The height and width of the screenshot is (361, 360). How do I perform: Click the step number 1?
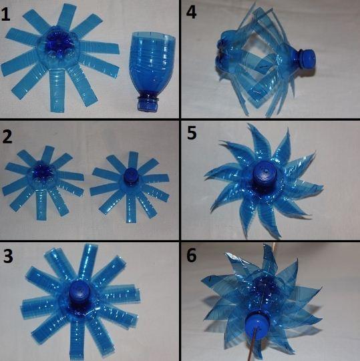pyautogui.click(x=6, y=15)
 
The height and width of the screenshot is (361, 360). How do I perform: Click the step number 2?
pyautogui.click(x=7, y=137)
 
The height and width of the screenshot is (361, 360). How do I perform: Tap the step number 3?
pyautogui.click(x=8, y=256)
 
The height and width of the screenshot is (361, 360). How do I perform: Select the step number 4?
pyautogui.click(x=191, y=12)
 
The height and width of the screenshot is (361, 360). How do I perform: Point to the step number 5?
pyautogui.click(x=192, y=133)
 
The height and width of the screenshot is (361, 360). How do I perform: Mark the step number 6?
pyautogui.click(x=192, y=255)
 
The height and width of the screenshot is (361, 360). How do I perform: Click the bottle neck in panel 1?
pyautogui.click(x=148, y=102)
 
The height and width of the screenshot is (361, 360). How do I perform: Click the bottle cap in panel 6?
pyautogui.click(x=256, y=325)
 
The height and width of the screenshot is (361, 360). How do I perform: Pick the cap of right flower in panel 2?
pyautogui.click(x=131, y=175)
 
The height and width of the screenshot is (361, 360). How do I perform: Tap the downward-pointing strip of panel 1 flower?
pyautogui.click(x=57, y=90)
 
